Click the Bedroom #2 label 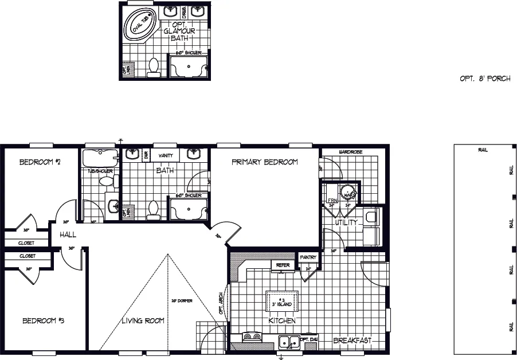[x=40, y=162]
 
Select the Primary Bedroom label [x=264, y=162]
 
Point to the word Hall [x=67, y=234]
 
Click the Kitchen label [x=282, y=320]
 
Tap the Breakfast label [x=352, y=341]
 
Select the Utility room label [x=346, y=222]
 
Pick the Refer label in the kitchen [x=283, y=265]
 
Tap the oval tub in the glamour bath [x=140, y=24]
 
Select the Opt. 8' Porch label [x=484, y=79]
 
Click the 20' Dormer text [x=181, y=300]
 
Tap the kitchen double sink [x=289, y=342]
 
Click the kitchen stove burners [x=251, y=337]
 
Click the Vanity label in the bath [x=166, y=155]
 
